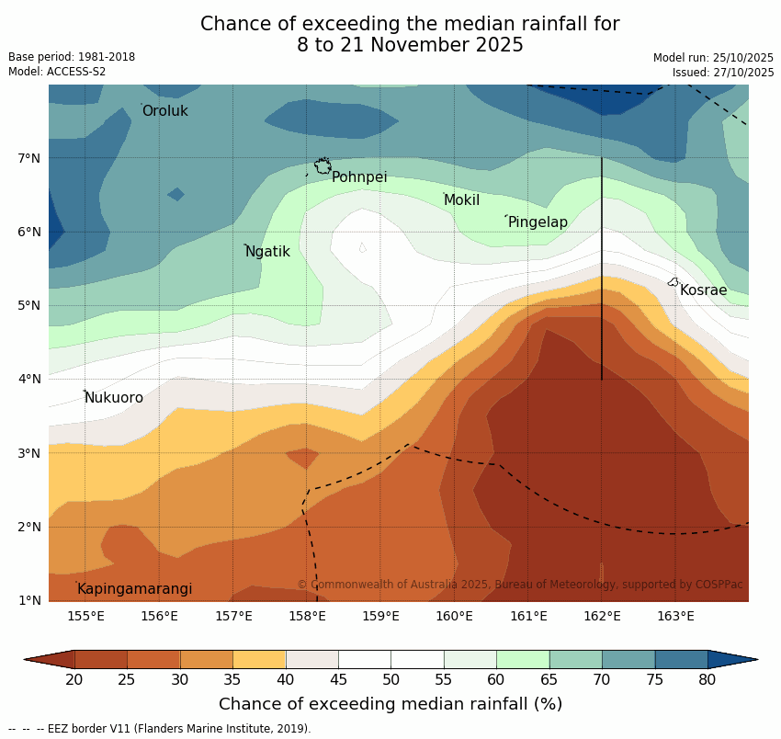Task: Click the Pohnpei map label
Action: pyautogui.click(x=359, y=177)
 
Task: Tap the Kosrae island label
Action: pyautogui.click(x=703, y=290)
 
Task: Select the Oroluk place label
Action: pyautogui.click(x=164, y=111)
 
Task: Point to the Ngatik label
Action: pyautogui.click(x=267, y=252)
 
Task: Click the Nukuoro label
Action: pyautogui.click(x=114, y=398)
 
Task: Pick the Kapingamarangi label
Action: pyautogui.click(x=134, y=589)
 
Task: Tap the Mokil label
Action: pyautogui.click(x=461, y=200)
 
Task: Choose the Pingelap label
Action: pyautogui.click(x=538, y=222)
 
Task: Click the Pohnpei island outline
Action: pyautogui.click(x=323, y=166)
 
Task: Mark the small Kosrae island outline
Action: pyautogui.click(x=673, y=282)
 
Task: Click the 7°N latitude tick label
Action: pyautogui.click(x=29, y=158)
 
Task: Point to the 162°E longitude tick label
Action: pyautogui.click(x=602, y=616)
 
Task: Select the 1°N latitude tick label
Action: pyautogui.click(x=29, y=600)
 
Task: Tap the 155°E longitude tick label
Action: pyautogui.click(x=85, y=616)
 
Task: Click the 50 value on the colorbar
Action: pyautogui.click(x=390, y=679)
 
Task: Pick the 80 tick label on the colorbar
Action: pyautogui.click(x=707, y=679)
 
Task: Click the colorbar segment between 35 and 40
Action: pyautogui.click(x=259, y=659)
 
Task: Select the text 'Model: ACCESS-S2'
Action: pyautogui.click(x=57, y=72)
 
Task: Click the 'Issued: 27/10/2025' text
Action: pyautogui.click(x=723, y=73)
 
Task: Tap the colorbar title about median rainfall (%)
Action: pyautogui.click(x=390, y=704)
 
